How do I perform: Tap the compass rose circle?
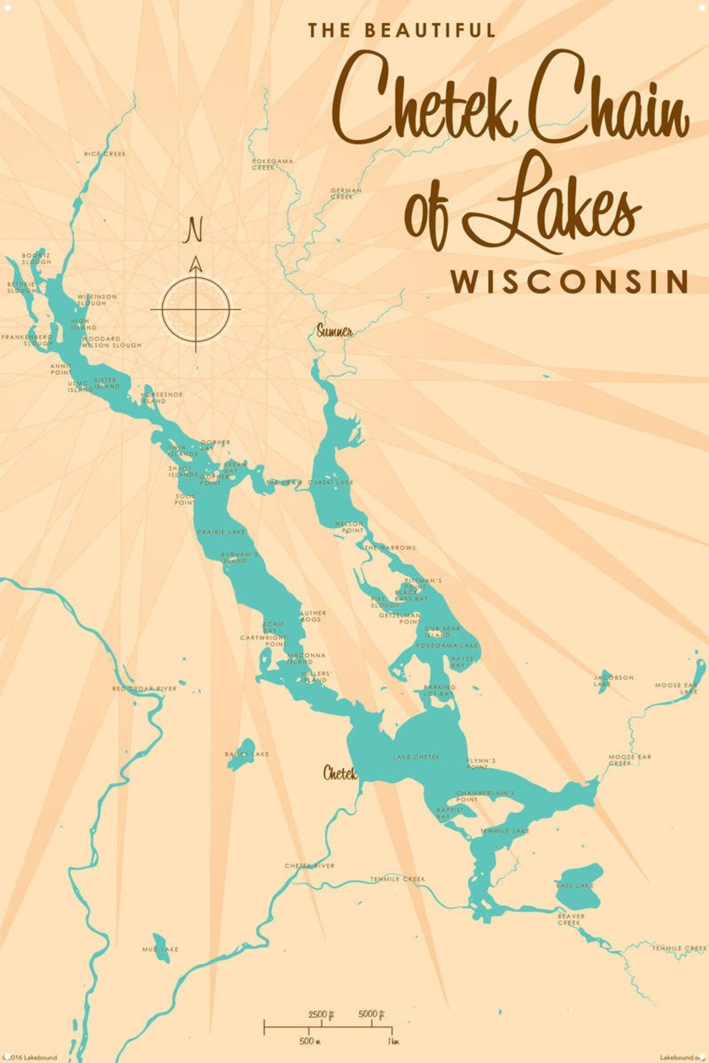coord(196,309)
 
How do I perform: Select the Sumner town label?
coord(334,332)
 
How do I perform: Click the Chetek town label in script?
coord(340,773)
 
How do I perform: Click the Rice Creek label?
coord(105,154)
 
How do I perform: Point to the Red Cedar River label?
coord(144,689)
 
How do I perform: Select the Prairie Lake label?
coord(221,532)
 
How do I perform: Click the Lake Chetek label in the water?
coord(416,756)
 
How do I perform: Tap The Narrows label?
coord(390,548)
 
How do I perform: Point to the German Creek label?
coord(346,193)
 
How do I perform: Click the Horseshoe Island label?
coord(162,398)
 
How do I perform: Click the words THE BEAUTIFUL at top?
coord(402,30)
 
